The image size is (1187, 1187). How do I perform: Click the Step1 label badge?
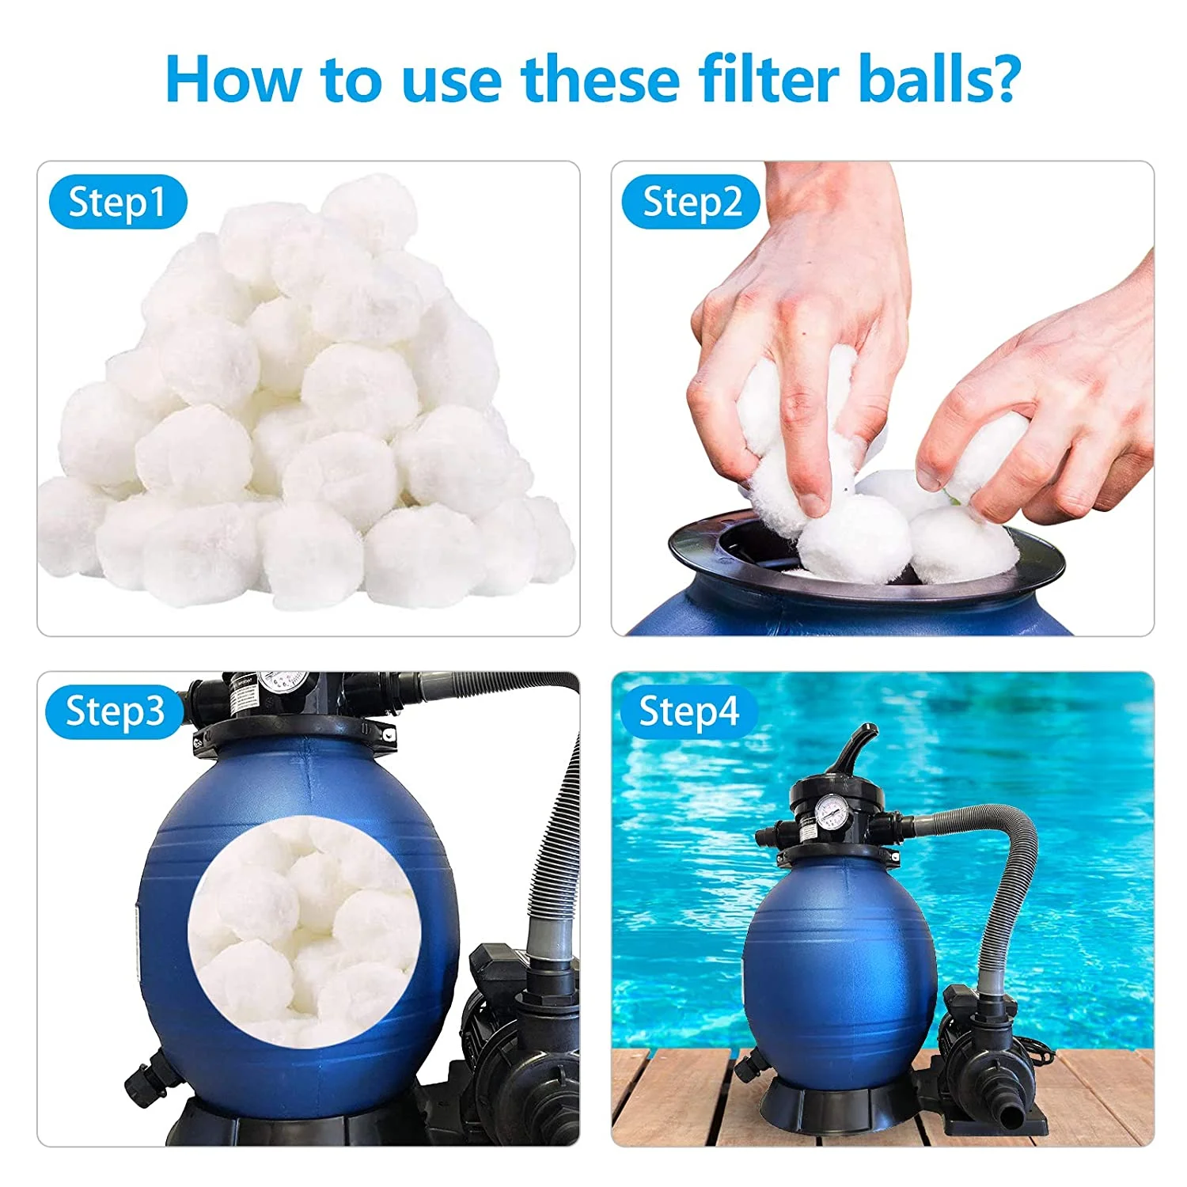tap(117, 203)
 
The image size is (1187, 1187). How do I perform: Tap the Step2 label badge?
tap(691, 203)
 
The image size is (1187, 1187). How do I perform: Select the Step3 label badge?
tap(115, 711)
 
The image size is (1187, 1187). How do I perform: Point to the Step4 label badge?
tap(688, 711)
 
